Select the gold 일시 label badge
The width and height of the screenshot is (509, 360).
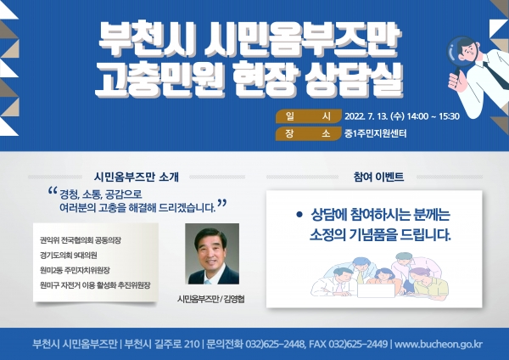pos(309,116)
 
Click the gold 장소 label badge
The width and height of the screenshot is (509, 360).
pos(309,133)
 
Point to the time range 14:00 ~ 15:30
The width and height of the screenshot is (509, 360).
pos(433,116)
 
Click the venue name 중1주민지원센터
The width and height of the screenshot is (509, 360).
pos(376,133)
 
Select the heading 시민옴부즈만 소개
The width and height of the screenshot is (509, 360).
pos(137,177)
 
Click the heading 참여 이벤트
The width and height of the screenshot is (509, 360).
pos(378,177)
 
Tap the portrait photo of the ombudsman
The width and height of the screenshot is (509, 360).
pos(212,254)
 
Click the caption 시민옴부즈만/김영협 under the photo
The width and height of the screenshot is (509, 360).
pos(211,299)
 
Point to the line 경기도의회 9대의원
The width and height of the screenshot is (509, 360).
pos(69,256)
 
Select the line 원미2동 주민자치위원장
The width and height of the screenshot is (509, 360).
pos(75,270)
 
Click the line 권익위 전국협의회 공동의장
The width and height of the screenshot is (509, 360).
pos(81,240)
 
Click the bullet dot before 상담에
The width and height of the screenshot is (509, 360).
pos(299,215)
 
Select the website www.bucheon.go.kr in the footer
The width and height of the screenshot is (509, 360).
pos(439,344)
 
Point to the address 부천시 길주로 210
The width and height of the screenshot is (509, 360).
pos(162,344)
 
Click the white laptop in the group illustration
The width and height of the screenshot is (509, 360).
pos(376,290)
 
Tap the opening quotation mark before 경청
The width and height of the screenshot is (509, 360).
pos(53,191)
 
